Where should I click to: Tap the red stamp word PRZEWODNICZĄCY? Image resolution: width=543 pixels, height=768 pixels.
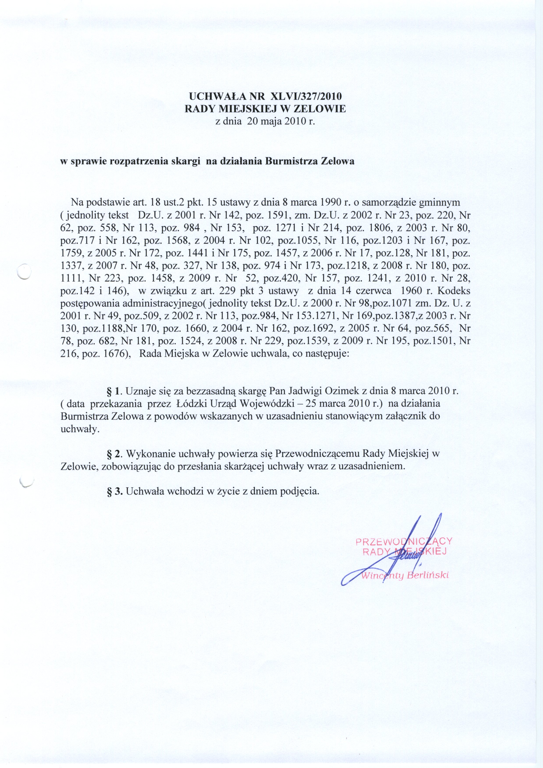pyautogui.click(x=404, y=541)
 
